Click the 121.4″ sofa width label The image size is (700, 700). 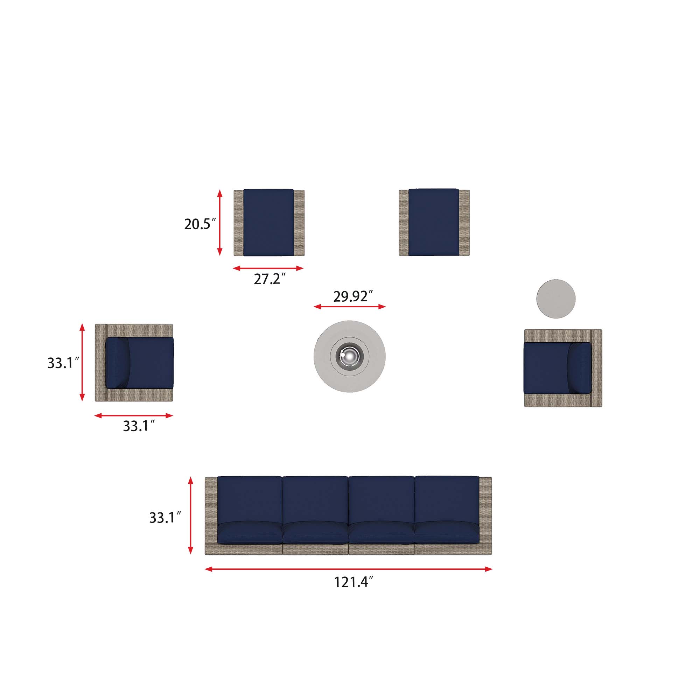coord(353,582)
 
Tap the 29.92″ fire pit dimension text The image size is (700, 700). coord(353,296)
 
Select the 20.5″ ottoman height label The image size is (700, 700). coord(200,224)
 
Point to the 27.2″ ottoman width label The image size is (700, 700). coord(269,279)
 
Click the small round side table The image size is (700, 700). coord(556,299)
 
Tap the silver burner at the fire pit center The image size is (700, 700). coord(350,357)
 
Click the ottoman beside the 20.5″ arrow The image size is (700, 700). coord(269,223)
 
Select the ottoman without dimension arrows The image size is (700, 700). coord(434,222)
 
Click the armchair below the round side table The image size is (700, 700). coord(563,368)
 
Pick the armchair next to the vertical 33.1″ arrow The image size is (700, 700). coord(134,363)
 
